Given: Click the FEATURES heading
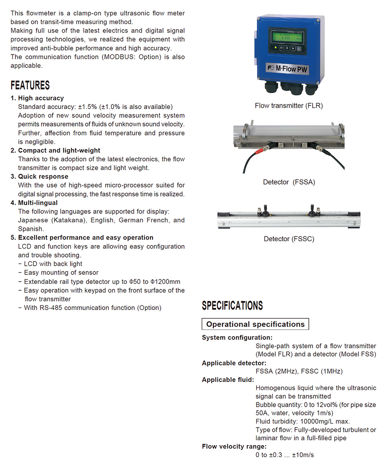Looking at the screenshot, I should point(30,85).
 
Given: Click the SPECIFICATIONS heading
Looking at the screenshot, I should point(232,306).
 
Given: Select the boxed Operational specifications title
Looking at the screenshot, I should point(255,324).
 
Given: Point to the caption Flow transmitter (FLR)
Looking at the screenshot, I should point(289,105).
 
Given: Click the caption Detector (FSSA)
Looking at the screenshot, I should point(289,182).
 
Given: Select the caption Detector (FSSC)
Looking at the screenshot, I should point(289,239).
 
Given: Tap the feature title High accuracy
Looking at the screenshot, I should point(41,98).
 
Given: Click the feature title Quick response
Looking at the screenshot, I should point(43,176).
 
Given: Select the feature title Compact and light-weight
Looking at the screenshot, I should point(59,151).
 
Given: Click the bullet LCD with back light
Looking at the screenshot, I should point(53,264).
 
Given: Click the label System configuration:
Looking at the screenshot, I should point(237,338).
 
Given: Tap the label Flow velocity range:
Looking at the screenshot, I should point(234,446).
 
